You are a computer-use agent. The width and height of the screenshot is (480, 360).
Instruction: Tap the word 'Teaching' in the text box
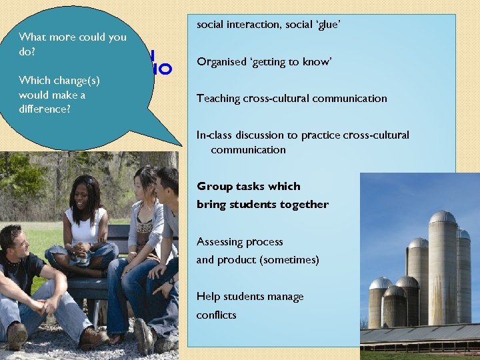[x=218, y=99]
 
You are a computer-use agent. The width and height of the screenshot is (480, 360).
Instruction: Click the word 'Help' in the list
[x=207, y=297]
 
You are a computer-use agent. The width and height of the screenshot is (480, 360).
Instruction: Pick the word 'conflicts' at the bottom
[x=216, y=315]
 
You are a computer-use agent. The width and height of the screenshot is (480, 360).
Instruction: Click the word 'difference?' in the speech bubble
[x=45, y=109]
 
